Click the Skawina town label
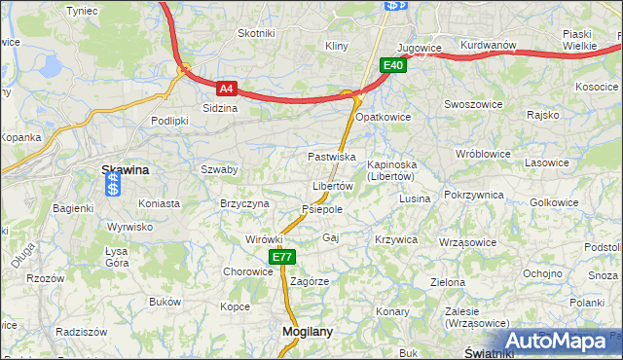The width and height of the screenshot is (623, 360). (x=126, y=169)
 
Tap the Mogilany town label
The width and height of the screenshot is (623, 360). (x=307, y=331)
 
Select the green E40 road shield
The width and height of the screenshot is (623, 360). (x=392, y=65)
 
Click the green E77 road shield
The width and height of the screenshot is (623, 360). (x=282, y=257)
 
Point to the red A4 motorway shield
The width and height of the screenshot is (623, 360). (x=226, y=89)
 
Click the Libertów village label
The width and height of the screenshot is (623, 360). (x=332, y=186)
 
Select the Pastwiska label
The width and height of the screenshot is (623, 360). (x=331, y=157)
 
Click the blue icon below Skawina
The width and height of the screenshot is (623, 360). (x=113, y=186)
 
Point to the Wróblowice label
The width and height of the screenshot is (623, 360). (x=483, y=154)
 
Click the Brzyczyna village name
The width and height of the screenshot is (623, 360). (x=244, y=202)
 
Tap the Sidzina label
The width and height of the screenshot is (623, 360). (x=220, y=108)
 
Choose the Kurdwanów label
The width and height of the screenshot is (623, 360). (x=488, y=45)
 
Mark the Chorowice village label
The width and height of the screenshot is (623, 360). (x=248, y=271)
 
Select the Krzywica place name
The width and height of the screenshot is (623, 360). (x=396, y=239)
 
